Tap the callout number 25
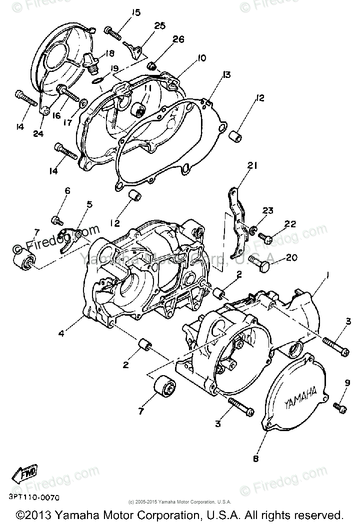(159, 26)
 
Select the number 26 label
(179, 39)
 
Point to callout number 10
(201, 58)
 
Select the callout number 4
(61, 333)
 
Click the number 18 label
(109, 53)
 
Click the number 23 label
(268, 211)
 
